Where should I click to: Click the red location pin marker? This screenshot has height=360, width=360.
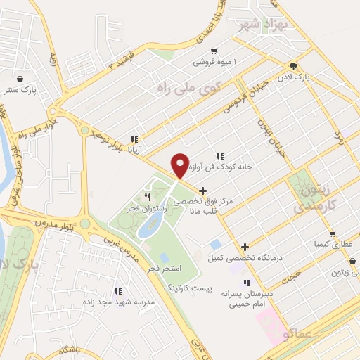(x=181, y=165)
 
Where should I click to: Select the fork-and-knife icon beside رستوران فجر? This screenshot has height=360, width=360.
(x=146, y=197)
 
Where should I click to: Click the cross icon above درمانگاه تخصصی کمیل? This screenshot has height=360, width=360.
(x=245, y=247)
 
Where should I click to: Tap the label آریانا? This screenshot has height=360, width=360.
(x=135, y=150)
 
